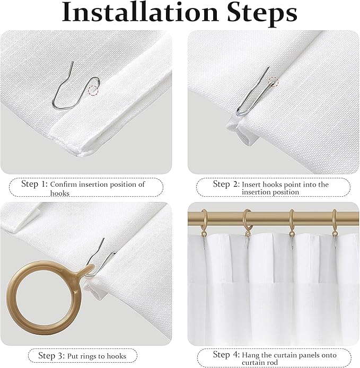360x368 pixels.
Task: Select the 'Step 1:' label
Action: (34, 185)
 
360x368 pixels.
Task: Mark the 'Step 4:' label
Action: (226, 354)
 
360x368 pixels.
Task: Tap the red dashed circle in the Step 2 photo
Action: (273, 81)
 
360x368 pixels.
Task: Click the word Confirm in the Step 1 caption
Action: (65, 185)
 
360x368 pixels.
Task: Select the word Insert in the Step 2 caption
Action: (252, 185)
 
